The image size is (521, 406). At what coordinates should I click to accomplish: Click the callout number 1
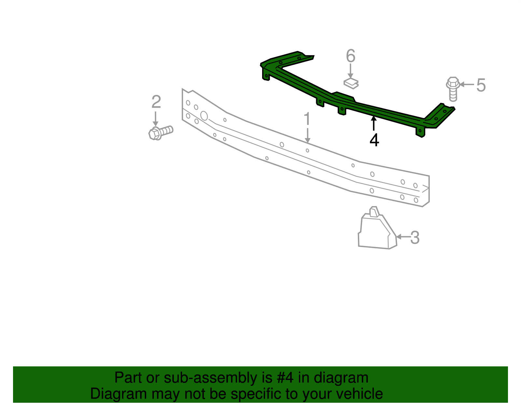pos(307,119)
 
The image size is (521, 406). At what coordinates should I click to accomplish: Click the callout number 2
pos(156,102)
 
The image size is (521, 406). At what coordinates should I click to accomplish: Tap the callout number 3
pos(415,238)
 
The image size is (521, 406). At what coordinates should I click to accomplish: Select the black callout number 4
pos(374,140)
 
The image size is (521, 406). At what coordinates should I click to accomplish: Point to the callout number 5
pos(481,85)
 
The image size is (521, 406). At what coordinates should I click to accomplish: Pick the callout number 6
pos(350,56)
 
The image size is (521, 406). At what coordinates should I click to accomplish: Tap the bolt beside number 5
pos(453,88)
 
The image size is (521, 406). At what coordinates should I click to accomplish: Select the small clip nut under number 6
pos(351,83)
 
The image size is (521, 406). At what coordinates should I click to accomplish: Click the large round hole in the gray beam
pos(204,116)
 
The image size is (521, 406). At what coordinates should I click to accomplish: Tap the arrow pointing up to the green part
pos(374,124)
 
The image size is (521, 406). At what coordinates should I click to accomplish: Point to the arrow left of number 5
pos(466,85)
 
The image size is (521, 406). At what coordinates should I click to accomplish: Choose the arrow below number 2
pos(156,119)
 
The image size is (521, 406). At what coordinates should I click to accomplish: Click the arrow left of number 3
pos(402,237)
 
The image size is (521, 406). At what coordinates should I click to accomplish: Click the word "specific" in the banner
pos(256,394)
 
